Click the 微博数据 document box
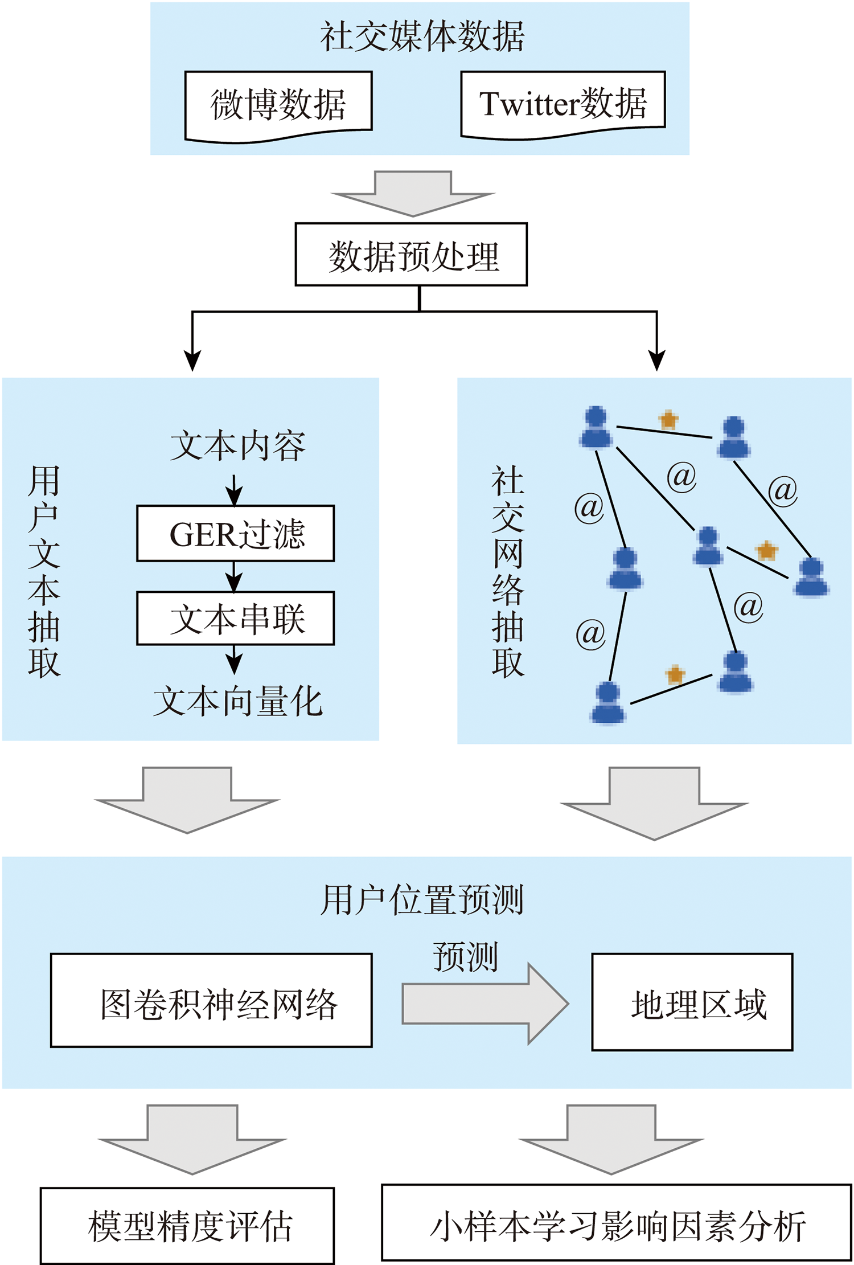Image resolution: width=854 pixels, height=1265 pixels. (x=278, y=105)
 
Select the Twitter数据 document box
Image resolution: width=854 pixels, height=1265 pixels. (x=563, y=104)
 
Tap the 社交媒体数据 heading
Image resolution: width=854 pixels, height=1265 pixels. (x=421, y=37)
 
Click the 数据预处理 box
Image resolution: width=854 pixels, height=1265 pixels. (x=411, y=255)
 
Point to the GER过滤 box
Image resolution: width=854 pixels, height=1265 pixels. (x=235, y=534)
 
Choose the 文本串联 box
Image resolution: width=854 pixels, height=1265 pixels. (x=235, y=619)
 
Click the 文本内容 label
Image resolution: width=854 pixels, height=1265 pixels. (x=237, y=446)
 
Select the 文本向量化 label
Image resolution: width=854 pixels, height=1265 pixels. (x=237, y=701)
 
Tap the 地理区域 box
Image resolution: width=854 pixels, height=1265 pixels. (x=692, y=1002)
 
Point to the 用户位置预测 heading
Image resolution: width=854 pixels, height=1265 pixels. (x=421, y=900)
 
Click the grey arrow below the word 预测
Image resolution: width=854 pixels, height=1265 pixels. (x=485, y=1004)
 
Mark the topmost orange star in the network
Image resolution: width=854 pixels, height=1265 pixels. (x=668, y=420)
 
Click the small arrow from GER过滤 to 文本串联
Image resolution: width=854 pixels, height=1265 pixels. (x=234, y=577)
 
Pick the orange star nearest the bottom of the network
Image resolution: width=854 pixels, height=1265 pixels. (x=675, y=674)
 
